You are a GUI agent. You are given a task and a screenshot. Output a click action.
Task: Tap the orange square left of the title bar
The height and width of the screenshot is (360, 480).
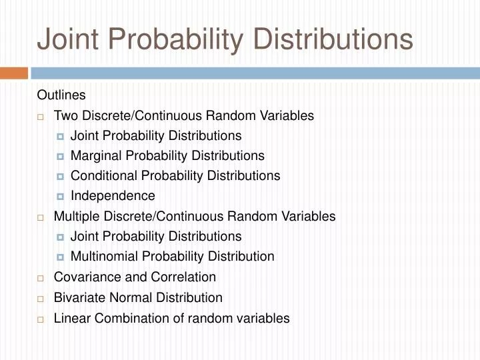tap(13, 73)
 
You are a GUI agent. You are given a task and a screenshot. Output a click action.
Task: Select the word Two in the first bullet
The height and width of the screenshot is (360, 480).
tap(65, 116)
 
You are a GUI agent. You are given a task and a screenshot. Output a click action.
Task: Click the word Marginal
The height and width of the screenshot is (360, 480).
tap(94, 156)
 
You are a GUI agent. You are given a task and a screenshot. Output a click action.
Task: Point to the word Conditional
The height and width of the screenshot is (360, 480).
tap(101, 176)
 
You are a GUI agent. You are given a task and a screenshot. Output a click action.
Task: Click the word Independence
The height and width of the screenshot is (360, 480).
tap(113, 196)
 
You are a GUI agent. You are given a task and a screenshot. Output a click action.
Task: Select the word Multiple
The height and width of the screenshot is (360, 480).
tap(75, 217)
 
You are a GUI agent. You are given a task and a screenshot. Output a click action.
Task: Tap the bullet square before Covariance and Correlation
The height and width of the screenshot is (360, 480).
tap(41, 278)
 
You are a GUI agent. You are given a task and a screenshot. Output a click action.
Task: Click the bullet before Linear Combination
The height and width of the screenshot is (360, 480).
tap(41, 319)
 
